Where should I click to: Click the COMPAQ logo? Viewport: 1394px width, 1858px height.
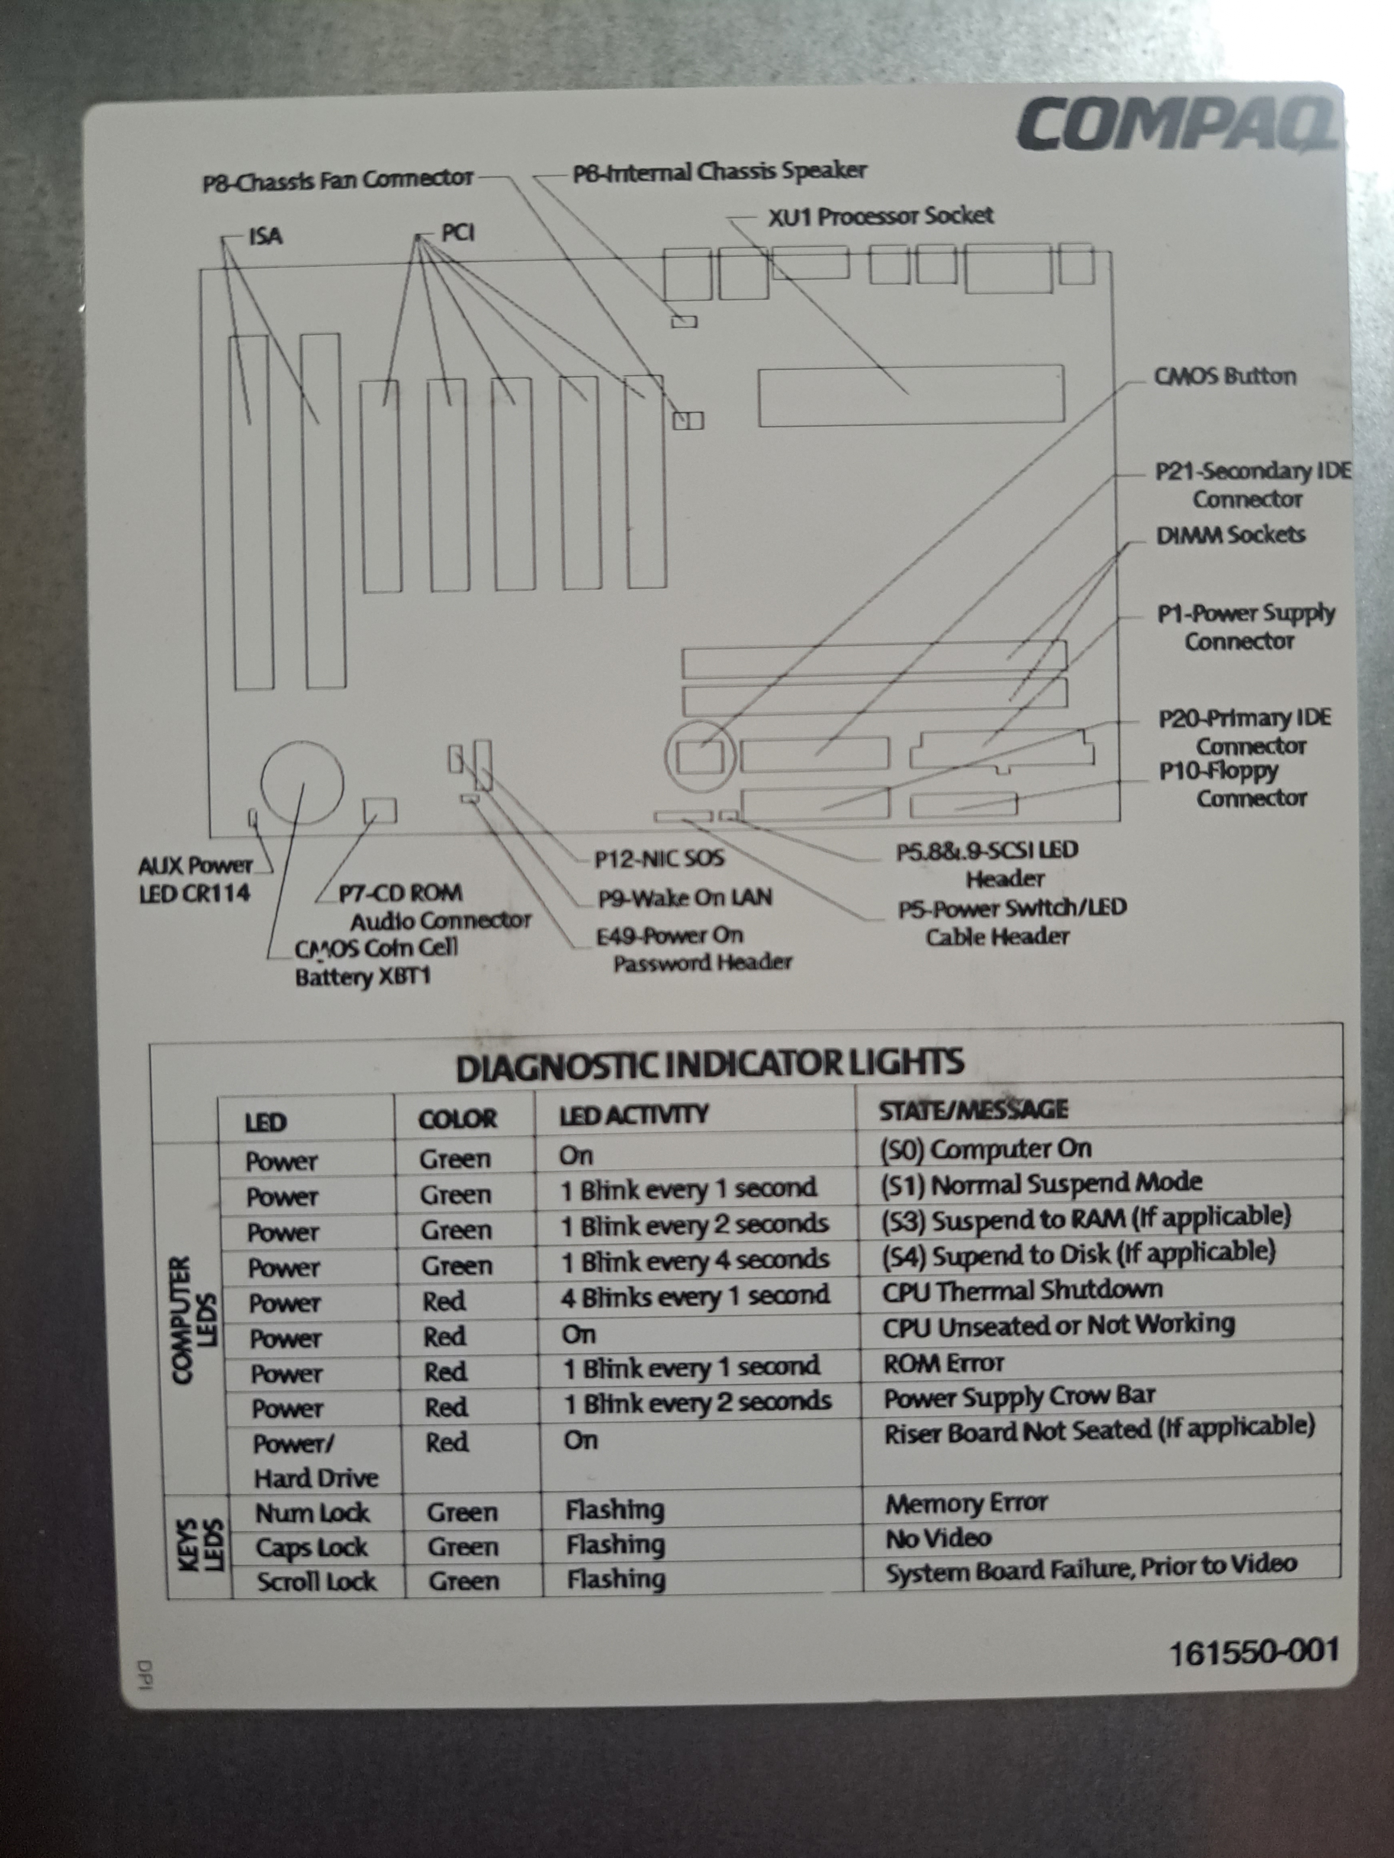pyautogui.click(x=1177, y=126)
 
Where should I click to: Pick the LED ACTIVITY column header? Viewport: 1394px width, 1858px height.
pyautogui.click(x=633, y=1115)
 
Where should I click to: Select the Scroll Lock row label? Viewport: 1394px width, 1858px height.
pyautogui.click(x=316, y=1582)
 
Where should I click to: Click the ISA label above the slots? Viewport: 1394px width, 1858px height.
pyautogui.click(x=266, y=236)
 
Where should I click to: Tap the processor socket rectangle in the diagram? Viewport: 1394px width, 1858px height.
pyautogui.click(x=911, y=394)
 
